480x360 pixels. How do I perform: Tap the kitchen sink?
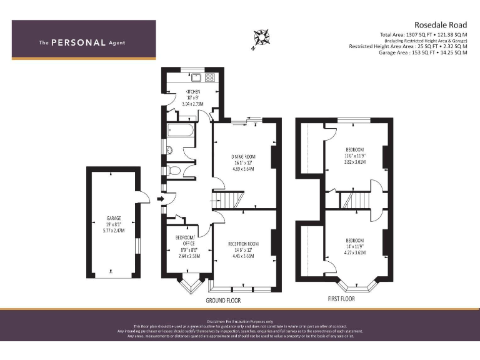pyautogui.click(x=196, y=77)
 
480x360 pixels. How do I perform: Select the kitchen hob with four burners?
pyautogui.click(x=209, y=77)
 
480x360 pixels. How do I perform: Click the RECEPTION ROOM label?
pyautogui.click(x=242, y=244)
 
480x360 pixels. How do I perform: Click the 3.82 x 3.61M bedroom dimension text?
pyautogui.click(x=354, y=162)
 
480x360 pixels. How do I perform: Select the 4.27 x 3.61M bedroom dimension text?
pyautogui.click(x=354, y=252)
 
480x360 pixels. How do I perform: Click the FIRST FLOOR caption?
pyautogui.click(x=341, y=299)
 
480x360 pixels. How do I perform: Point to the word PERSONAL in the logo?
pyautogui.click(x=78, y=43)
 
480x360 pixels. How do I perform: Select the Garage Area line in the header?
pyautogui.click(x=423, y=52)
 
